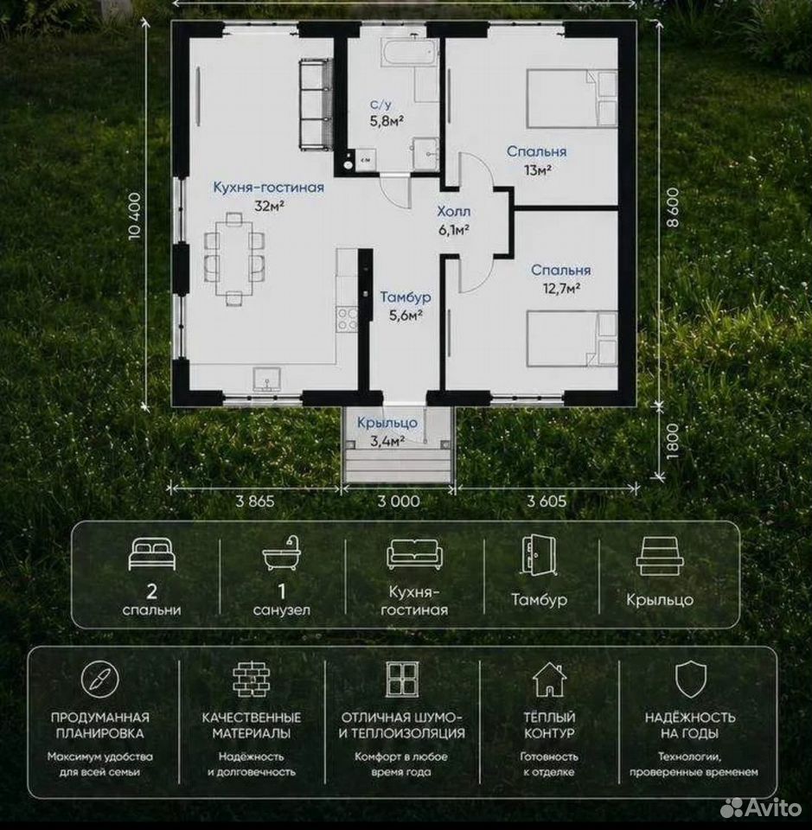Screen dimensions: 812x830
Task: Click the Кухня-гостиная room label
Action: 268,188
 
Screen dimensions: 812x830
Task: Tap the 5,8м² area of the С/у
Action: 387,121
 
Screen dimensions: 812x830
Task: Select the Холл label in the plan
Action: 454,212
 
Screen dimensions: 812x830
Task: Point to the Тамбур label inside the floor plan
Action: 406,297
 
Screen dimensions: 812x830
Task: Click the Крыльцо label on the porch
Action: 387,423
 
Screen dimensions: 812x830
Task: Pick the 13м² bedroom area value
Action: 538,170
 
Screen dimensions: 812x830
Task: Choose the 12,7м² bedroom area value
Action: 561,289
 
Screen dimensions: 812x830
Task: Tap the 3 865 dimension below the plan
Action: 255,501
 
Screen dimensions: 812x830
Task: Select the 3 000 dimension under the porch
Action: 399,501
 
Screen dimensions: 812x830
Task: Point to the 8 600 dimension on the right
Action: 672,207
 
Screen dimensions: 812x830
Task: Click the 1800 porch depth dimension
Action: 672,441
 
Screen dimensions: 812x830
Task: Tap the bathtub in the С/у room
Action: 409,53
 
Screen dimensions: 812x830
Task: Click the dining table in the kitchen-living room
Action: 234,259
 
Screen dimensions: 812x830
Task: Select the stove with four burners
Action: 348,319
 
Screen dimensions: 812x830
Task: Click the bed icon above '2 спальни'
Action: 152,553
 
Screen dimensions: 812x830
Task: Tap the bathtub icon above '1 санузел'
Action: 282,552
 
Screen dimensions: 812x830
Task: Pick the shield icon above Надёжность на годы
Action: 691,680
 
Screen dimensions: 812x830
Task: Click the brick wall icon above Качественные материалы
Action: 251,680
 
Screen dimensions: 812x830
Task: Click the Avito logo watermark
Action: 762,808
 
